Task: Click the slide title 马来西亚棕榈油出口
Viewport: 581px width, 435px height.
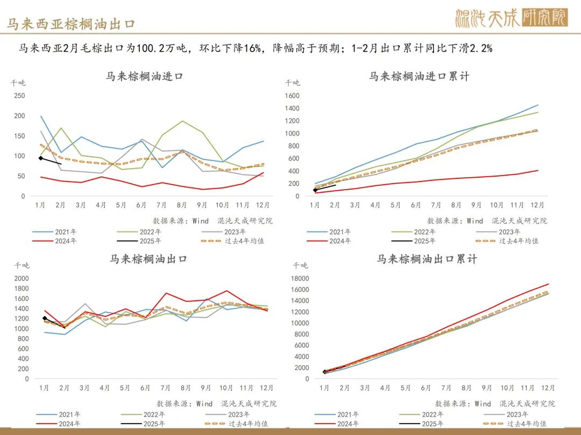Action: pos(71,24)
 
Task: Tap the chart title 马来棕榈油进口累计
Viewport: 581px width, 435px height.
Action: pos(419,76)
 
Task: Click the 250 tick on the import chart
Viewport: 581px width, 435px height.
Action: pos(19,96)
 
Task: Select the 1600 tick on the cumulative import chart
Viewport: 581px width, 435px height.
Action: pos(293,96)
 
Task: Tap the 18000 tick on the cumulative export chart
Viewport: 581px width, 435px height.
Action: pos(299,278)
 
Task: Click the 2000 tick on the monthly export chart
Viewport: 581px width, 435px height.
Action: pos(22,278)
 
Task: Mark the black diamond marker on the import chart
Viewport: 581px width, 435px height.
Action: pos(41,158)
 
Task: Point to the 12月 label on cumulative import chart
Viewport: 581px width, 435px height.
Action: pos(537,205)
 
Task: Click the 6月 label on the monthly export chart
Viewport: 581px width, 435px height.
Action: pos(145,388)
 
